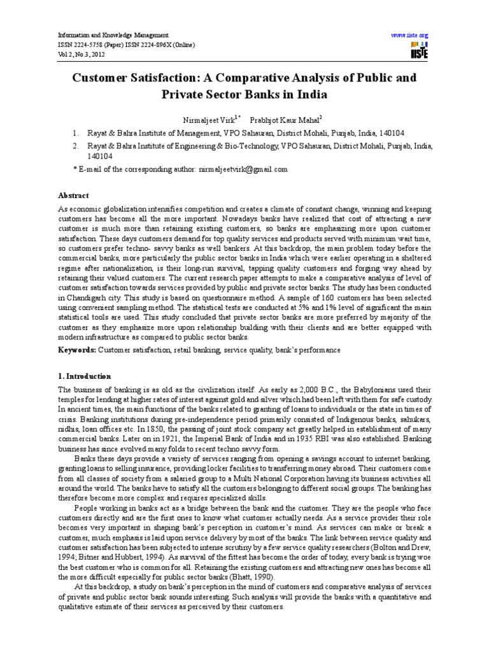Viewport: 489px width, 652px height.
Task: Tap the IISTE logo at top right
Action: [419, 52]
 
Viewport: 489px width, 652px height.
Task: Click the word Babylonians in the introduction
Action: [370, 389]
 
